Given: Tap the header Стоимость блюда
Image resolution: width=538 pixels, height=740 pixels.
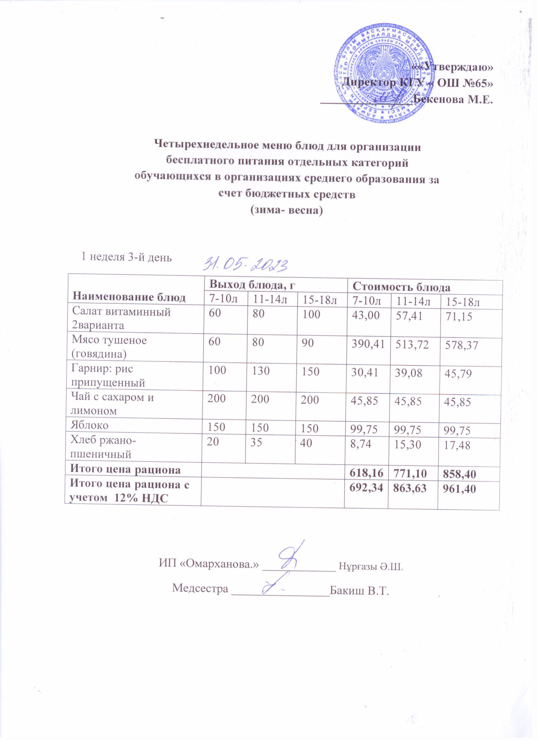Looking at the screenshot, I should [401, 287].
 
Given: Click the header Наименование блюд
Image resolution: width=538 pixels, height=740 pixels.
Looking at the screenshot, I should [129, 297].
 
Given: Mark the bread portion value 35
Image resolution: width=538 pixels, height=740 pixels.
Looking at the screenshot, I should [256, 443].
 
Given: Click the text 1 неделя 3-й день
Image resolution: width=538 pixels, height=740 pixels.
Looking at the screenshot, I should [126, 257].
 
